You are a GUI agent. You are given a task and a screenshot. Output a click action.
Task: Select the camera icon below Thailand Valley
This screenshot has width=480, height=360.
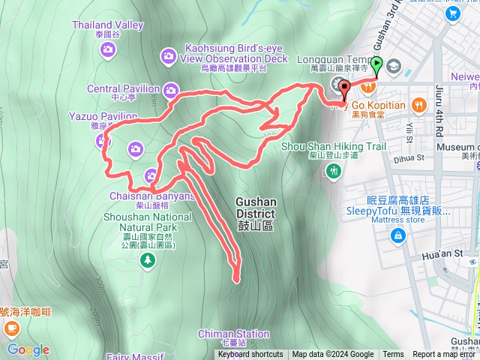pos(108,50)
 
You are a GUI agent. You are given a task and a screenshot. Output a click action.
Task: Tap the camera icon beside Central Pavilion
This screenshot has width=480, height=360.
pos(171,91)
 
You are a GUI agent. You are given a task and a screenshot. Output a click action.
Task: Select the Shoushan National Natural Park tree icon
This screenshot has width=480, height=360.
pos(148,260)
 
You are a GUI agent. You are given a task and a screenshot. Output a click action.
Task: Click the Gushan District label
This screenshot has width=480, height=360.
pos(256,207)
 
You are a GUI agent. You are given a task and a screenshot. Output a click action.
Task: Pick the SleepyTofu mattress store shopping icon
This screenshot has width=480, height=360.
pos(397,237)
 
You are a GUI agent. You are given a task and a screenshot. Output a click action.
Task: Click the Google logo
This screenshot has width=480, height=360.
pos(28,349)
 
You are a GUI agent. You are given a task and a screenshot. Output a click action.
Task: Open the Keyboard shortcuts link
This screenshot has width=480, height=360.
pos(250,355)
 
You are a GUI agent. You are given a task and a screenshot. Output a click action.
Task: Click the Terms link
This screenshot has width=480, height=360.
pos(393,355)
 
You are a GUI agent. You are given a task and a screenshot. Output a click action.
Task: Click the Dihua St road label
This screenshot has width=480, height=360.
pos(410,158)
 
